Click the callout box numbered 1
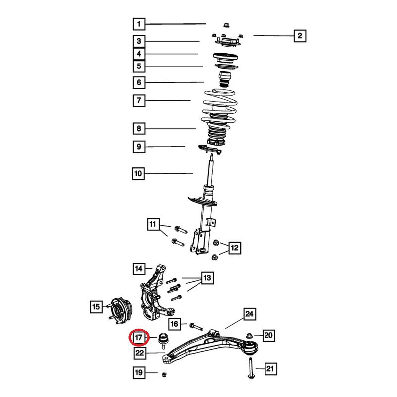139,24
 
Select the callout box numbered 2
300,36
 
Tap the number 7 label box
139,101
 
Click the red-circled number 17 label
139,337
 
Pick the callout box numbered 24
250,314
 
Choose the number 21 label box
270,369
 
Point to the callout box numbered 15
96,307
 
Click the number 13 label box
207,278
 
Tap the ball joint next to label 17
163,341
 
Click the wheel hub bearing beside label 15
120,311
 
